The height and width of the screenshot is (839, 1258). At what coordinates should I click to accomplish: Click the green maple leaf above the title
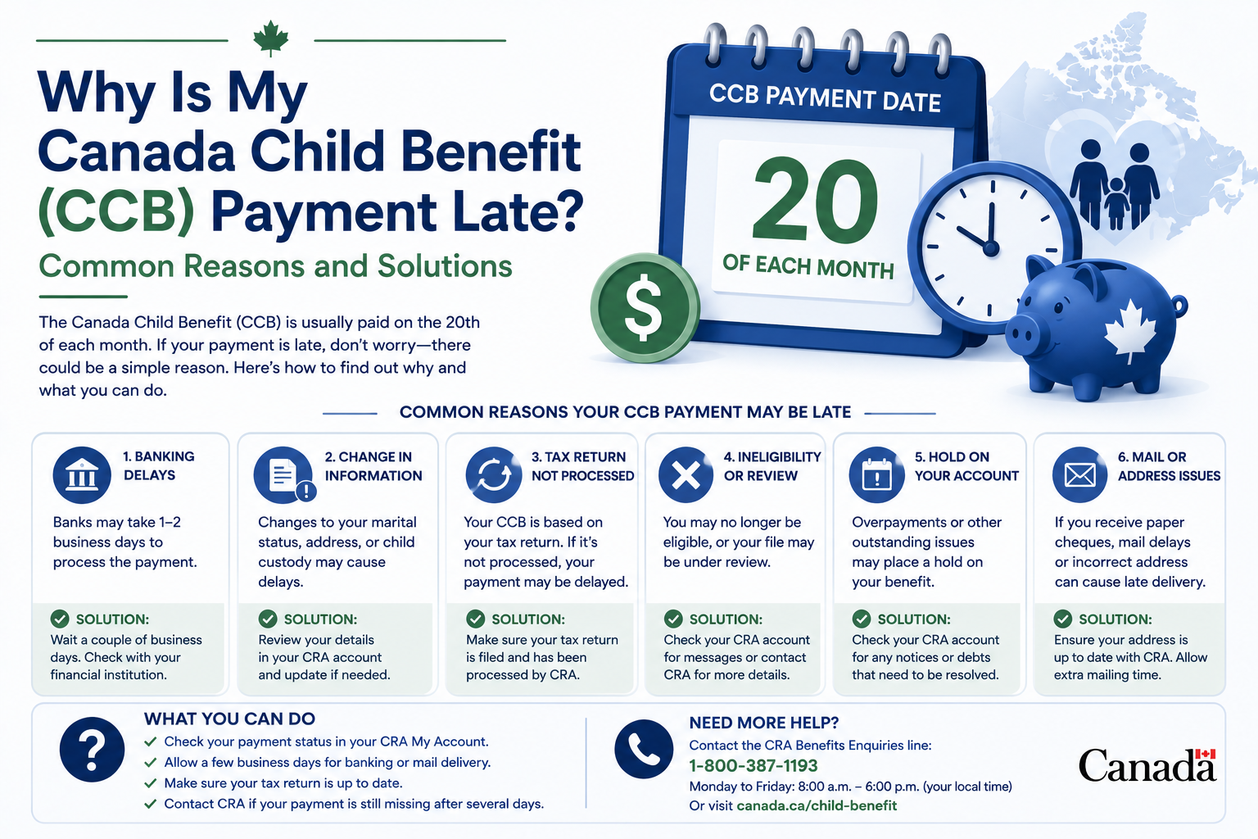tap(271, 39)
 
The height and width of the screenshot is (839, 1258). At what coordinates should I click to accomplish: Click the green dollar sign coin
tap(645, 308)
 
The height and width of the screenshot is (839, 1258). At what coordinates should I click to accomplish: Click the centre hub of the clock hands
tap(991, 247)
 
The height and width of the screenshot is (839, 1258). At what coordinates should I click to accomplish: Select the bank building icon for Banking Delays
tap(82, 475)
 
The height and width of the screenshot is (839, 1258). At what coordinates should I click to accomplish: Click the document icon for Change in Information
tap(284, 475)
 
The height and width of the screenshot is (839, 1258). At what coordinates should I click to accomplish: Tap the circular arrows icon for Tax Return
tap(494, 475)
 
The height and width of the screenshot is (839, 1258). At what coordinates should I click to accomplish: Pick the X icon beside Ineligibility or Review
tap(686, 475)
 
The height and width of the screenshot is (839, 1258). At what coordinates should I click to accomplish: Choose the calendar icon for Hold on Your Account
tap(876, 475)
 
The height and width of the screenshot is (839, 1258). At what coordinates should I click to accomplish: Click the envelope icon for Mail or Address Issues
tap(1080, 475)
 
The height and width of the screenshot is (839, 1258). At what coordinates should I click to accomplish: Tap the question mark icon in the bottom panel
tap(92, 750)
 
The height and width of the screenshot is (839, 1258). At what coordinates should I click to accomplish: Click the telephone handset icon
tap(644, 749)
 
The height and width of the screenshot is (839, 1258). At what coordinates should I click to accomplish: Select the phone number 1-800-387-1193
tap(753, 765)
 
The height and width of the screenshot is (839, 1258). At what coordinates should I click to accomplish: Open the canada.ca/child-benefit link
tap(817, 805)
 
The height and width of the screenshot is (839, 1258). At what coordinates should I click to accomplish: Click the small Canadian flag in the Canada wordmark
tap(1206, 754)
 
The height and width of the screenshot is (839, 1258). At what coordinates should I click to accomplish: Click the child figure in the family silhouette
tap(1116, 203)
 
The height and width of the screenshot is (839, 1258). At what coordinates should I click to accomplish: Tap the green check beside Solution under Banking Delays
tap(60, 619)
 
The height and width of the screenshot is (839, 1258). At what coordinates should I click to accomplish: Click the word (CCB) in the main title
tap(117, 212)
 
